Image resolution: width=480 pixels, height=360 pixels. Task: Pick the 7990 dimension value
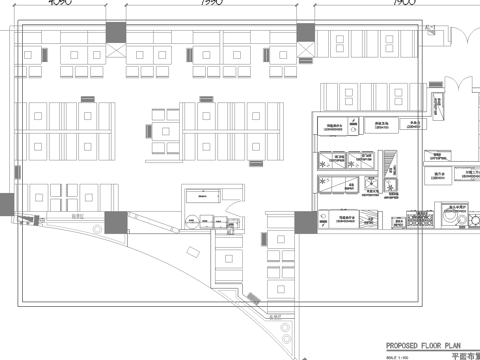(210, 4)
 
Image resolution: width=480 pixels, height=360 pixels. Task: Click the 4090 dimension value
(58, 4)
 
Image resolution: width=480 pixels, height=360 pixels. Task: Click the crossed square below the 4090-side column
(117, 50)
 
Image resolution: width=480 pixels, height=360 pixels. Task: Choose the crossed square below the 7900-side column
(309, 50)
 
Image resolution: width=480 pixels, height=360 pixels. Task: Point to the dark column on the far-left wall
(8, 206)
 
